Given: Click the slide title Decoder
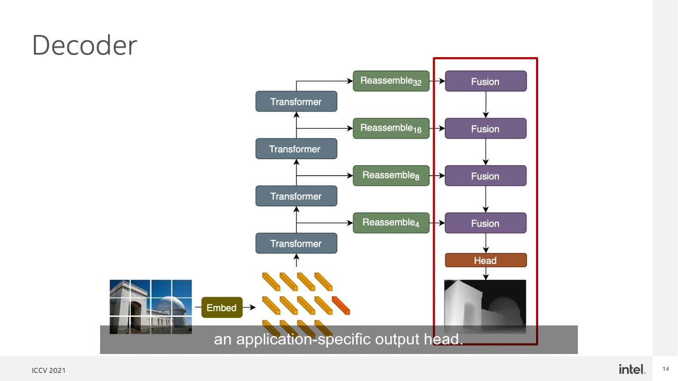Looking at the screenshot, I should pos(85,46).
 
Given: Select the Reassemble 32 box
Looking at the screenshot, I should pos(391,81).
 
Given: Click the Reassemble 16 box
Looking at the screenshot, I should pos(391,128).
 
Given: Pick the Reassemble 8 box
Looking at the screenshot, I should pos(391,175).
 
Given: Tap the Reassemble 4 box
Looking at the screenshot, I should pos(391,223).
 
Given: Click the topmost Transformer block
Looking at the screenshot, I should pos(296,102).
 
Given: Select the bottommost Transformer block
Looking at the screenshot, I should pos(296,243).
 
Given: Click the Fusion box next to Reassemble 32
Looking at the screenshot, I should pos(485,81).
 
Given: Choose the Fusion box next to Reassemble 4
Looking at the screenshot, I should pos(485,223).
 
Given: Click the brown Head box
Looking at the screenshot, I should pos(485,260).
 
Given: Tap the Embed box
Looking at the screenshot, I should pos(221,307).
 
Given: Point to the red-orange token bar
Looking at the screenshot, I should pos(341,305).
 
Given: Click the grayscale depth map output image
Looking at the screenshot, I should pos(485,304).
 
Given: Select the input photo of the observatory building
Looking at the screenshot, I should pos(150,306).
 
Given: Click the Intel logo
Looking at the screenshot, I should pos(632,369).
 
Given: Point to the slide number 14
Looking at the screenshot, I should pos(665,369).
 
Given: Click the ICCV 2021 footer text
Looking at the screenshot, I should pos(49,370).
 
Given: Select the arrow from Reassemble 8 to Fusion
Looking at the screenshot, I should pos(437,176).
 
